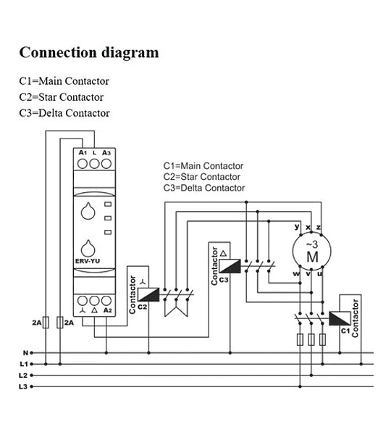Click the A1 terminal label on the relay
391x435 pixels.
tap(83, 152)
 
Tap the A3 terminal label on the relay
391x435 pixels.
tap(106, 152)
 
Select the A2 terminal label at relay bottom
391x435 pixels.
tap(107, 310)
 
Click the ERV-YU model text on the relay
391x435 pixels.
tap(88, 261)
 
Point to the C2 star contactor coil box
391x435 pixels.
tap(148, 294)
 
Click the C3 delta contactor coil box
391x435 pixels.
tap(230, 266)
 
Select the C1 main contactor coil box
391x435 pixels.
tap(340, 318)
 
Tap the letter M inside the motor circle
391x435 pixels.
tap(312, 257)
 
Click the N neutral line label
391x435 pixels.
tap(25, 353)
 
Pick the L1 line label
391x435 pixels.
tap(24, 364)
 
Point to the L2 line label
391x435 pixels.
tap(23, 376)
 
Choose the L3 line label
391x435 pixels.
tap(23, 386)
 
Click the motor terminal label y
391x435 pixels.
tap(297, 227)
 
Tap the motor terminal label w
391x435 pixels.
tap(296, 274)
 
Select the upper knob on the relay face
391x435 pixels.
tap(88, 212)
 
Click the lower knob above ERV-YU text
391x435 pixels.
tap(88, 249)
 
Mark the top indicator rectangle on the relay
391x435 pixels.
tap(108, 204)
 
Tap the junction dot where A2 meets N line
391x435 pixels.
tap(106, 353)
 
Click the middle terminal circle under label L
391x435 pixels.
tap(95, 164)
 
